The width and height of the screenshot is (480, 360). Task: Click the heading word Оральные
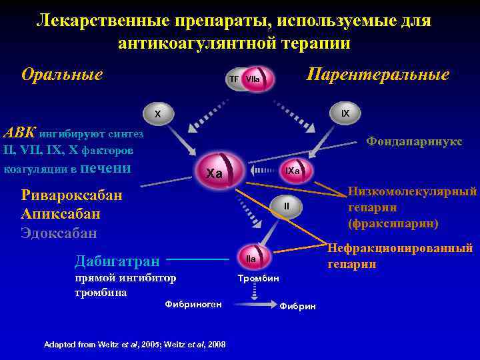(62, 73)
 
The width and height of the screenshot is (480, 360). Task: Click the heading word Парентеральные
(377, 74)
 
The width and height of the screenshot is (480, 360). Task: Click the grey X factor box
(158, 114)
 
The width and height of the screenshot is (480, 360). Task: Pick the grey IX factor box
(345, 113)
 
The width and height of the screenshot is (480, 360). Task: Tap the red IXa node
(292, 171)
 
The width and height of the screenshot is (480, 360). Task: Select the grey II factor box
(286, 206)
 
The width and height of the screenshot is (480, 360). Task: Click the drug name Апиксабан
(61, 214)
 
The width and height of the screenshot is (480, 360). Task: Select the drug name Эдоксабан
(59, 233)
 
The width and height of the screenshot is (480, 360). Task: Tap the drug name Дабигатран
(117, 260)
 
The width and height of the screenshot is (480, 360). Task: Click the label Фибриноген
(193, 304)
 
